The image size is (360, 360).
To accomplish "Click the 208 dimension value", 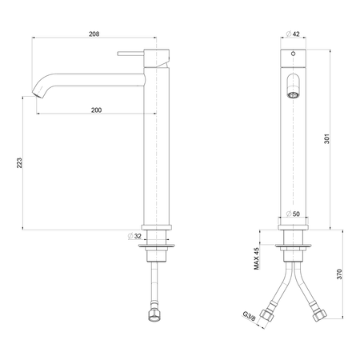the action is tap(94, 34).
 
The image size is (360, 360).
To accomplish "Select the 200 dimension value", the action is tap(96, 110).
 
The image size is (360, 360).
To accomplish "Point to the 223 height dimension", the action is tap(19, 162).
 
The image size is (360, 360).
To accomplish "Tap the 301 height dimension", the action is tap(326, 138).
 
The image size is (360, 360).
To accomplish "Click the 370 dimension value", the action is tap(339, 274).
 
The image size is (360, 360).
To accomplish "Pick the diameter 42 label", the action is tap(293, 34).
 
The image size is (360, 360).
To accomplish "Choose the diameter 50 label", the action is tap(293, 214).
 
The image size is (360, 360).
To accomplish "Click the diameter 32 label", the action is tap(134, 236).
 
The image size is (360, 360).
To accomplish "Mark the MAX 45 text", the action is tap(256, 258).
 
